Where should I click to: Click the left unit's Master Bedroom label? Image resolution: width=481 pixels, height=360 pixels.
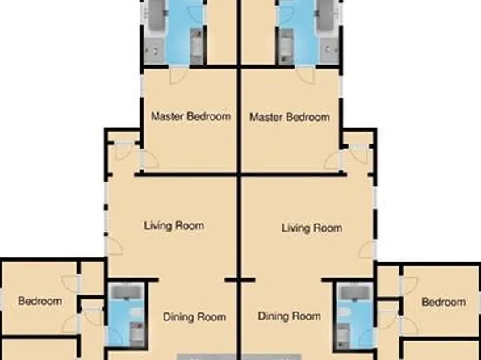[x=190, y=116]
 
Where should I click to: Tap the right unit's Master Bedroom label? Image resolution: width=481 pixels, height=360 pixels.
[x=290, y=117]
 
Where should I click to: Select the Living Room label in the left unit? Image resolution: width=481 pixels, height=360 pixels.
[x=174, y=226]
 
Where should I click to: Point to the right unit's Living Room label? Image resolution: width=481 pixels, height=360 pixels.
[x=312, y=228]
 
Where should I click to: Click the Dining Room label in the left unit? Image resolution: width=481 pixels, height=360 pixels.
[x=194, y=317]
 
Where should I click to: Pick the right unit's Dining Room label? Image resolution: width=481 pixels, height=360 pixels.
[x=289, y=316]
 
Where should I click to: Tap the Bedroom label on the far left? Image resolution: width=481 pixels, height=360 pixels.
[x=40, y=301]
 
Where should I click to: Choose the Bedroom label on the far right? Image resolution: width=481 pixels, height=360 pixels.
[x=444, y=303]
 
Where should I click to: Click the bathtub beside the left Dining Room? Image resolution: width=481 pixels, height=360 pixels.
[x=127, y=292]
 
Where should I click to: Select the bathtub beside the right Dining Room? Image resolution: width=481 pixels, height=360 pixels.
[x=355, y=292]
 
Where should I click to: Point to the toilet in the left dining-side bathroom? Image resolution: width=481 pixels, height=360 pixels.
[x=137, y=312]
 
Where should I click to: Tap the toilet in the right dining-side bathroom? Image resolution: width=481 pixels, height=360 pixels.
[x=344, y=312]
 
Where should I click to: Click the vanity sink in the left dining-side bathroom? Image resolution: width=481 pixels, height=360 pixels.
[x=137, y=334]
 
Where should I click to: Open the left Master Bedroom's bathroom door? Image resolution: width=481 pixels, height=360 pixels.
[x=178, y=75]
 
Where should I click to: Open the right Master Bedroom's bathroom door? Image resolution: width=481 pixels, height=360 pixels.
[x=306, y=75]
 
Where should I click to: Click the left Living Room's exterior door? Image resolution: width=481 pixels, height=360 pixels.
[x=114, y=246]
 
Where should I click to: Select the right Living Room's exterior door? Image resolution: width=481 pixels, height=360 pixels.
[x=367, y=249]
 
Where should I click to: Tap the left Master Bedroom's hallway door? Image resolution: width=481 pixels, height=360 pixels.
[x=149, y=159]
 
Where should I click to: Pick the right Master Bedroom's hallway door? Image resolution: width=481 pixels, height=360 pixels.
[x=333, y=160]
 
